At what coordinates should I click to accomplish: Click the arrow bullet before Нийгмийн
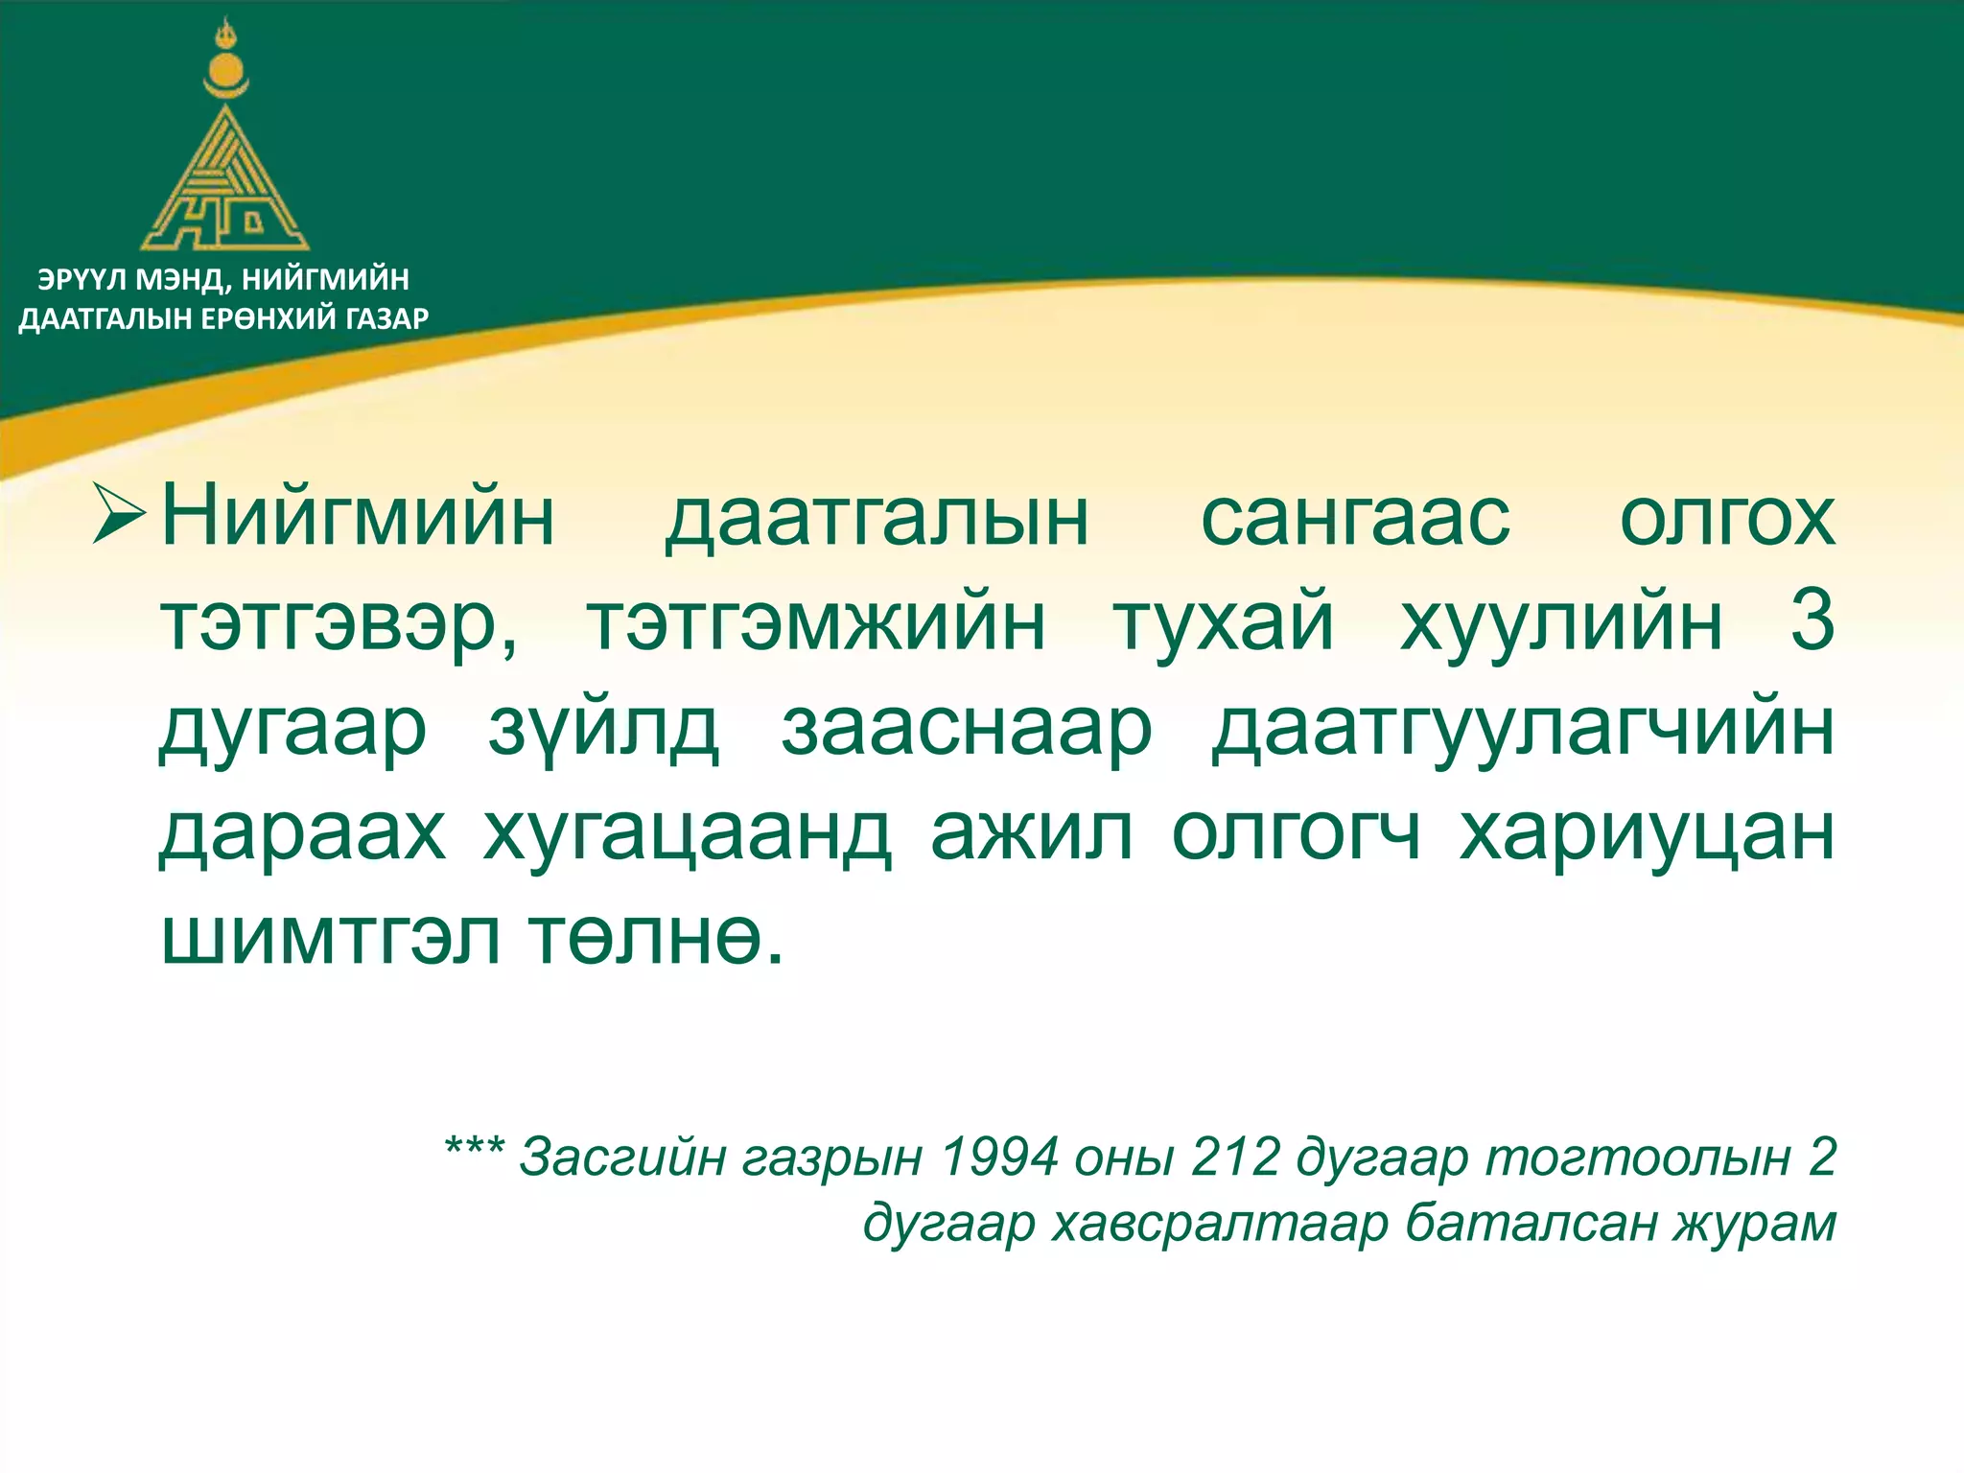[x=120, y=514]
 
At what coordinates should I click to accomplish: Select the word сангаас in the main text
[x=1354, y=518]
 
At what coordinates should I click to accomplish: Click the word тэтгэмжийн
[x=815, y=623]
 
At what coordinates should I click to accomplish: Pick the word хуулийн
[x=1561, y=623]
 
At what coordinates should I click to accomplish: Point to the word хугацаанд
[x=688, y=834]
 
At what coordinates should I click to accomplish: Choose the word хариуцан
[x=1647, y=834]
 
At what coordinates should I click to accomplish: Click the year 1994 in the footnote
[x=999, y=1157]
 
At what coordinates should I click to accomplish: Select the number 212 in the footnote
[x=1235, y=1157]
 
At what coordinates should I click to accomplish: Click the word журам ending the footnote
[x=1755, y=1224]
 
